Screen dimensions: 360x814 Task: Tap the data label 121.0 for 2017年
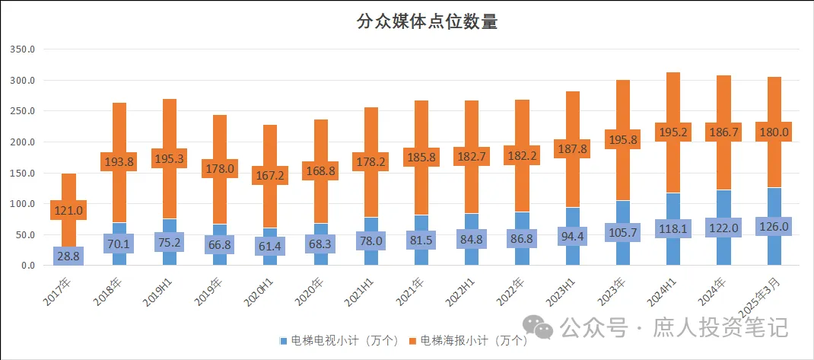tap(68, 210)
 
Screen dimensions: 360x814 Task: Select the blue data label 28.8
tap(68, 256)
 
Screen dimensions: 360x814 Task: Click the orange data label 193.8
tap(119, 161)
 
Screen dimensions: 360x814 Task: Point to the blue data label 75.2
tap(169, 243)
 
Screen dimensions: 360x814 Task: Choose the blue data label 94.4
tap(572, 236)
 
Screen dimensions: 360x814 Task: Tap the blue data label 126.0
tap(774, 226)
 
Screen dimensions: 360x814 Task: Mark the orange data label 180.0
tap(774, 132)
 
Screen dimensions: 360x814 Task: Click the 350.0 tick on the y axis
tap(23, 49)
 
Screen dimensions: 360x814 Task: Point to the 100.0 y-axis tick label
tap(23, 204)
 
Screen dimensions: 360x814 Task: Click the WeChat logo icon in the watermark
tap(542, 329)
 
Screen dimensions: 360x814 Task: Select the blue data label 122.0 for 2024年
tap(723, 228)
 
